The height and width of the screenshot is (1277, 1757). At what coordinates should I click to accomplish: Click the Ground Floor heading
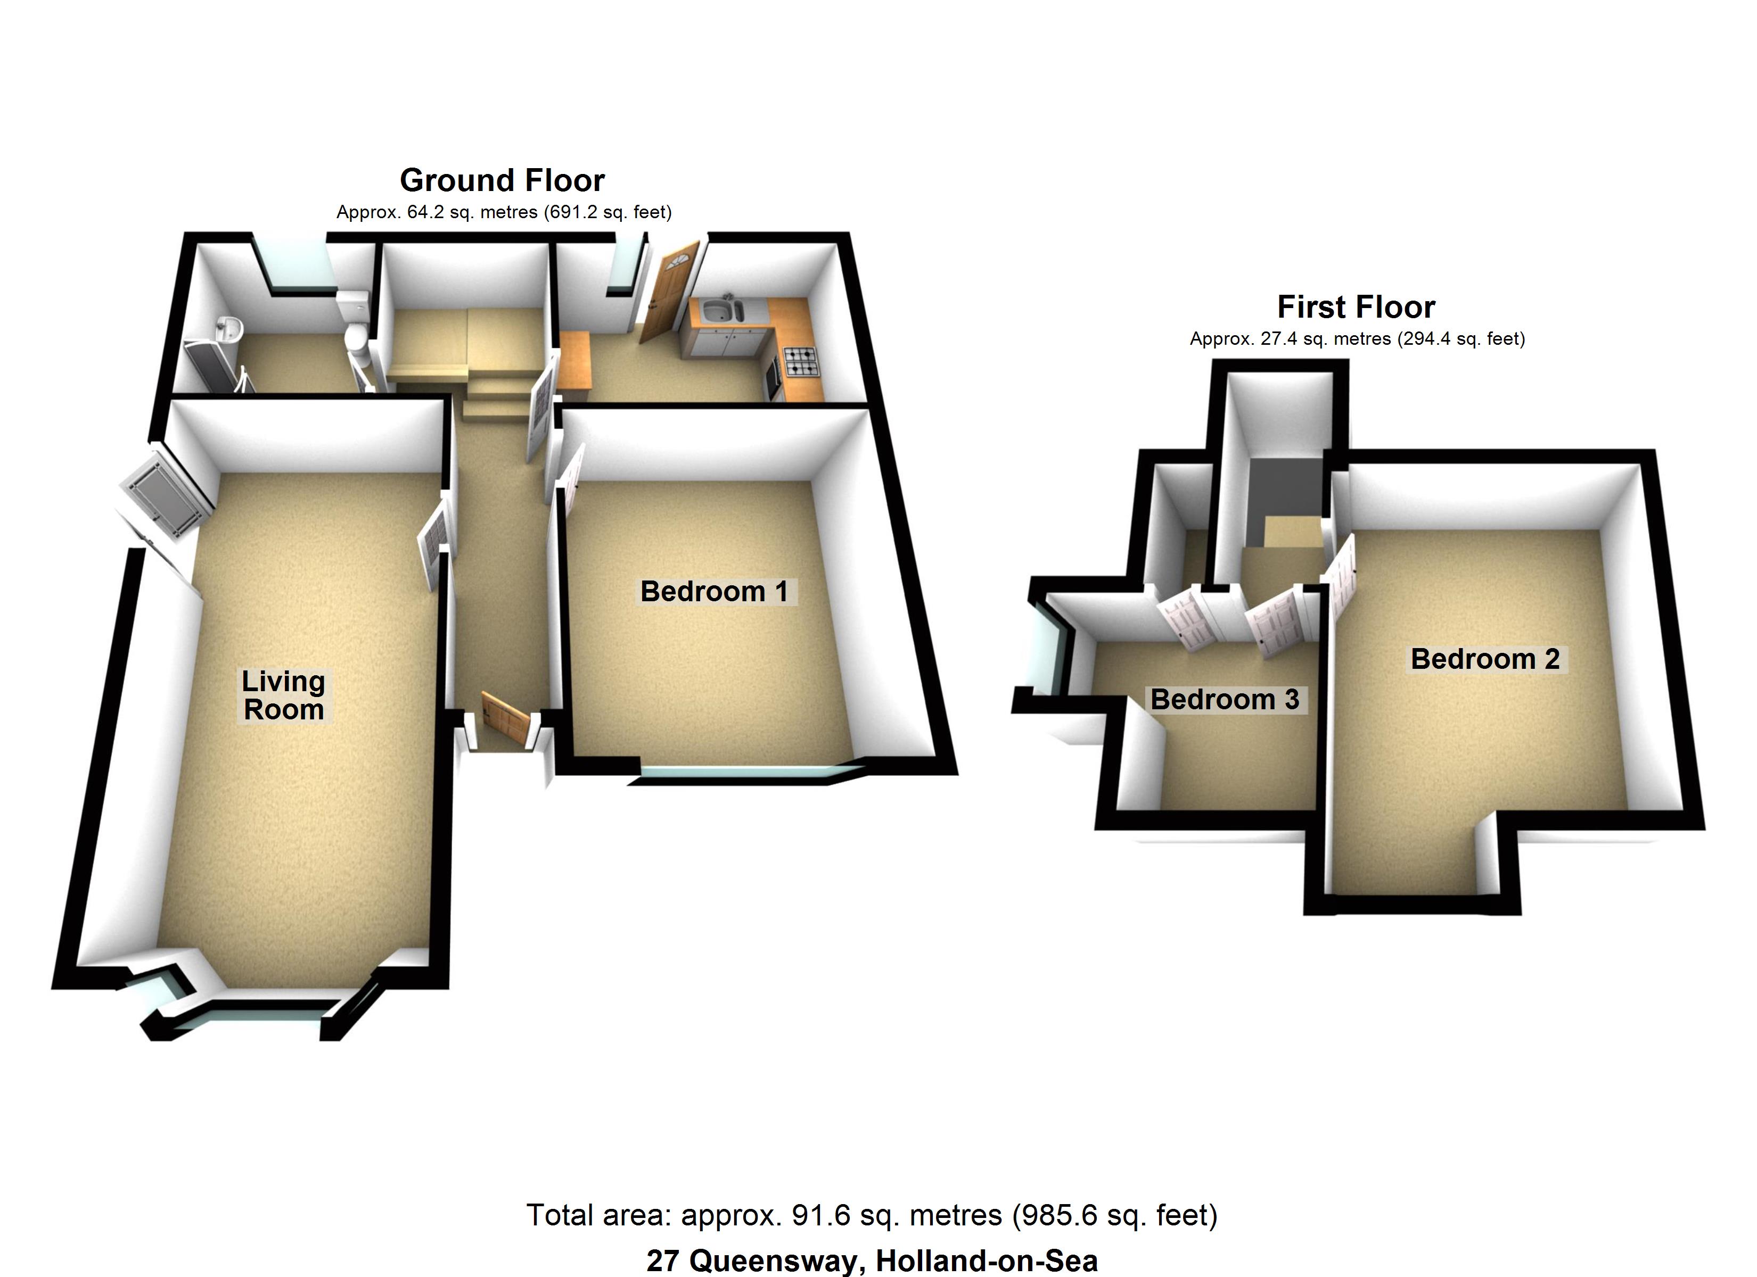(x=502, y=180)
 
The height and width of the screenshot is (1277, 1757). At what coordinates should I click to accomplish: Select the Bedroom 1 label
(x=713, y=592)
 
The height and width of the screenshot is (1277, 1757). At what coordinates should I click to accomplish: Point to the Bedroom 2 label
(x=1485, y=659)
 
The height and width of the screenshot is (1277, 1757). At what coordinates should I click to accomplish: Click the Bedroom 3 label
(x=1224, y=699)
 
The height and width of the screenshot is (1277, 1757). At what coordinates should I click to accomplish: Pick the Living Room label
(x=284, y=695)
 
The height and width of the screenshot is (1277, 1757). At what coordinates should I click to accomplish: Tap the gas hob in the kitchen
(x=802, y=362)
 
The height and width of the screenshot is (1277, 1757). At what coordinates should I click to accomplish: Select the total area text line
(x=872, y=1215)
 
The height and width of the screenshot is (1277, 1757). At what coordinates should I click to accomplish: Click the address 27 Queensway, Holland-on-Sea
(x=872, y=1261)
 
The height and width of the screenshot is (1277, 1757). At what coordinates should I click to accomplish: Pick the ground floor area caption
(x=504, y=212)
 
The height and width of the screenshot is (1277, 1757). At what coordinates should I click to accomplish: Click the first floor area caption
(x=1357, y=338)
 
